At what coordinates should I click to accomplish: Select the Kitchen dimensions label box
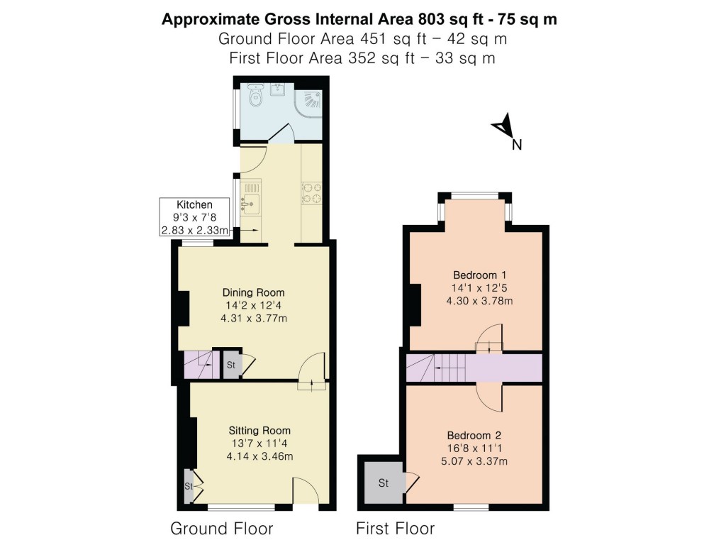click(x=194, y=218)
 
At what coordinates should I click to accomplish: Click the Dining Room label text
click(x=253, y=292)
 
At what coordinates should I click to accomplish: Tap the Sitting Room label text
click(x=259, y=430)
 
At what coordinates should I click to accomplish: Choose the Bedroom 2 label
click(x=473, y=435)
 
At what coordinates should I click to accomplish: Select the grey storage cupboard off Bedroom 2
click(x=383, y=483)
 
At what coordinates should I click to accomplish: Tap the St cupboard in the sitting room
click(x=189, y=486)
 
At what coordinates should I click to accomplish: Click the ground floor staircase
click(x=199, y=365)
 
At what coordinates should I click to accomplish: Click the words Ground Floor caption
click(x=221, y=529)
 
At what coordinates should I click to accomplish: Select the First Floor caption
click(x=395, y=529)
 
